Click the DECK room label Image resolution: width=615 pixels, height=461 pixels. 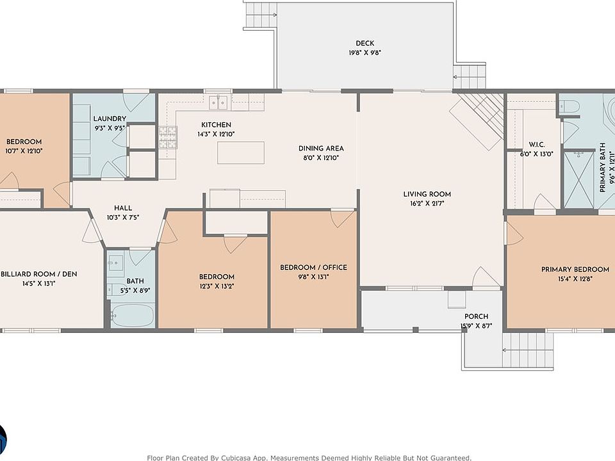[x=365, y=43]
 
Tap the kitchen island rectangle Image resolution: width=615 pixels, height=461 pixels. [x=241, y=153]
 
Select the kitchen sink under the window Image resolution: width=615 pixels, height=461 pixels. [x=218, y=102]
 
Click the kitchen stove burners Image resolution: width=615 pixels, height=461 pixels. [x=168, y=137]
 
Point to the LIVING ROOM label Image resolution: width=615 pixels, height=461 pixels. [x=427, y=194]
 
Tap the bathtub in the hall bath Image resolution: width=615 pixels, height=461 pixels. [x=132, y=315]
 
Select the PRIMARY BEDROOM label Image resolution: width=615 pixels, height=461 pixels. [x=575, y=270]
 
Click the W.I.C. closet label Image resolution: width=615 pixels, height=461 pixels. [x=537, y=145]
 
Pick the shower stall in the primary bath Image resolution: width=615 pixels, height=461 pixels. [x=579, y=180]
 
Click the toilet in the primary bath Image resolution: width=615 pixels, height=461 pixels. [x=569, y=106]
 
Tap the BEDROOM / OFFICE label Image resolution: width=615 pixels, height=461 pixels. [x=313, y=268]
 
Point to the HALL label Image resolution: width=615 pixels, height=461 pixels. [x=123, y=208]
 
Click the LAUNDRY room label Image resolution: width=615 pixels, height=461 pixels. [x=110, y=118]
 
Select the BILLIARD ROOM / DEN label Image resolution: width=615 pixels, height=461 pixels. [x=39, y=274]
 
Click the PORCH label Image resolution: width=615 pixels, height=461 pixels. [x=477, y=316]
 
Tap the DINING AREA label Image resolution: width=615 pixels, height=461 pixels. [x=321, y=148]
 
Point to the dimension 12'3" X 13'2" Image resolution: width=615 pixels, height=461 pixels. [x=217, y=286]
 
